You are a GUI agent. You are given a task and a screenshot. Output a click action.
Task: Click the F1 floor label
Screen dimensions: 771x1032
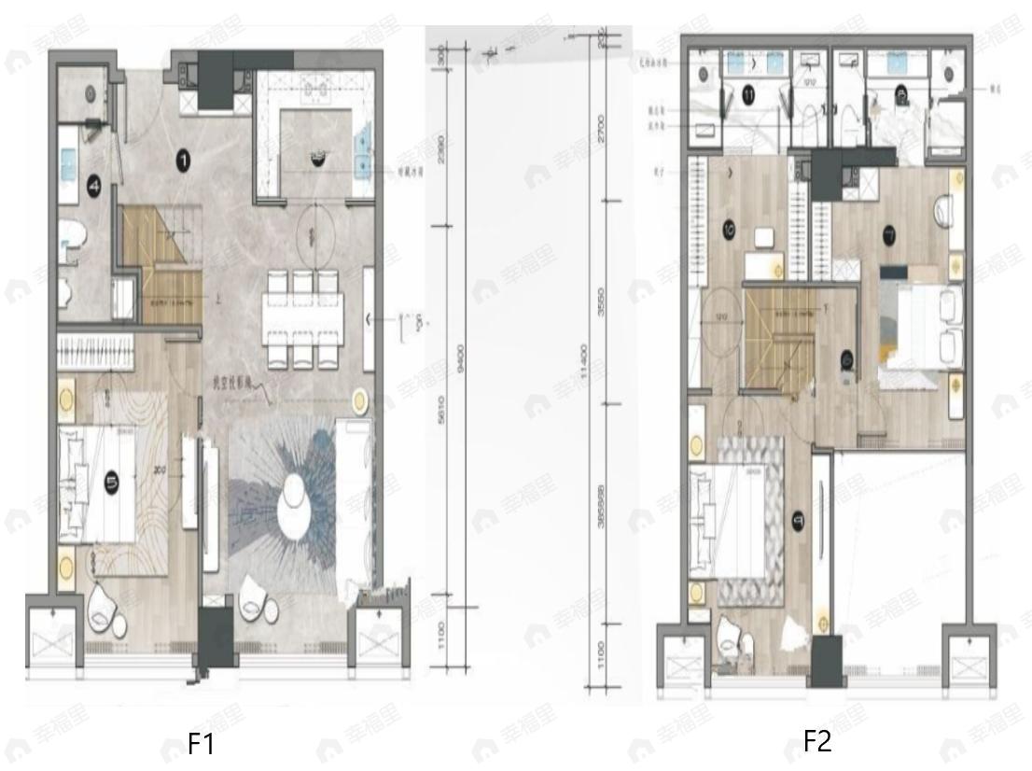[202, 745]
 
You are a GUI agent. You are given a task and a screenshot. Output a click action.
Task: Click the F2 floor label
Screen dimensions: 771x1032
[817, 742]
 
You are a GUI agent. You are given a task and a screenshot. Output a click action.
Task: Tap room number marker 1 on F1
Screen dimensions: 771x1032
[184, 161]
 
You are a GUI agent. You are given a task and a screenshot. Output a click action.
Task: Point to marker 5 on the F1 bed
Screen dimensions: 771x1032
[111, 482]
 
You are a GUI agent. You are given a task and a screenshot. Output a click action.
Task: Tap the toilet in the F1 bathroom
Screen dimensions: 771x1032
[73, 237]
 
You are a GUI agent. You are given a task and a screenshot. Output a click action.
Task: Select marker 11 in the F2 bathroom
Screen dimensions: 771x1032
[750, 93]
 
